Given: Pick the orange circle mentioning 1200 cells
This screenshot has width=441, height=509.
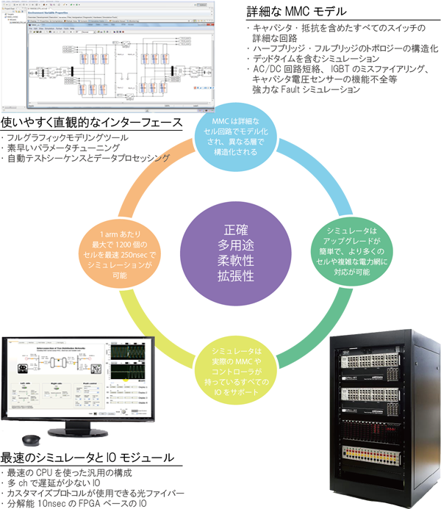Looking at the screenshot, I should tap(123, 254).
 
